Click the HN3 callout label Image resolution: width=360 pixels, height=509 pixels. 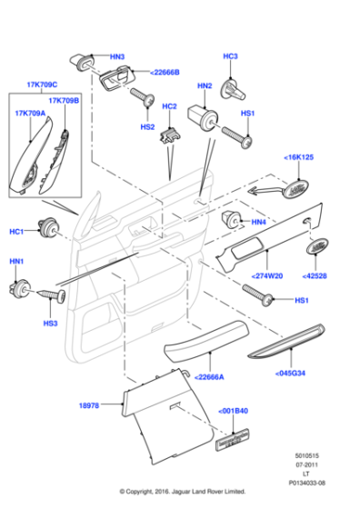[117, 57]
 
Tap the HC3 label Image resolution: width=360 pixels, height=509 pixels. [230, 56]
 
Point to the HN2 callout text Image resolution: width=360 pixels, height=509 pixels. [204, 85]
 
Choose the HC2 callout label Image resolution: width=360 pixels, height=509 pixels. [169, 108]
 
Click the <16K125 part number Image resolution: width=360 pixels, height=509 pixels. [299, 157]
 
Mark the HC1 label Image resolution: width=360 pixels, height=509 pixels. [16, 232]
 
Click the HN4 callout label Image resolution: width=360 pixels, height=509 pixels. [258, 222]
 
